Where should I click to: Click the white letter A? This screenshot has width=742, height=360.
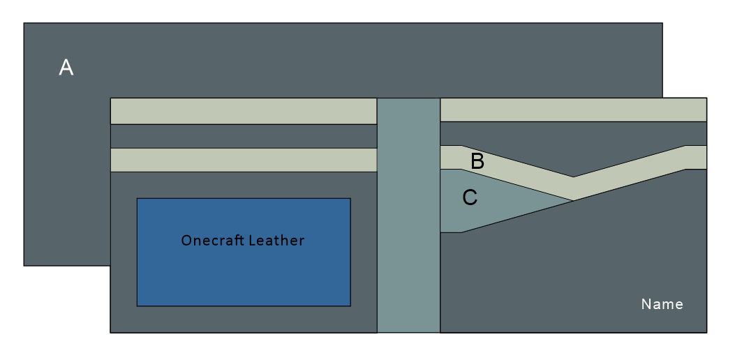click(x=66, y=68)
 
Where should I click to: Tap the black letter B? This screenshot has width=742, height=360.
click(x=477, y=161)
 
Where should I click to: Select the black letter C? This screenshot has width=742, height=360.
click(x=470, y=198)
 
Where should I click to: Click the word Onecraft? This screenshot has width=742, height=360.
click(x=210, y=241)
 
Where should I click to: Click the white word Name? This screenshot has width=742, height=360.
click(x=662, y=304)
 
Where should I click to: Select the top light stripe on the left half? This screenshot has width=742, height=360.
click(x=243, y=111)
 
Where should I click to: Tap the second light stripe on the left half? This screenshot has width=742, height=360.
click(x=243, y=160)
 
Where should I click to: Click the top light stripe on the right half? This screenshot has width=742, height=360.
click(x=572, y=110)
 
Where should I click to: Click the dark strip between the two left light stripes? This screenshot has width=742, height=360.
click(x=243, y=136)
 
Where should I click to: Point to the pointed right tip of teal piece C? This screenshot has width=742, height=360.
click(x=571, y=200)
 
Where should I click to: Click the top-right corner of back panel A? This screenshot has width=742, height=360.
click(x=662, y=24)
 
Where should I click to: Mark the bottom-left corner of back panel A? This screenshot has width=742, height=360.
click(x=24, y=265)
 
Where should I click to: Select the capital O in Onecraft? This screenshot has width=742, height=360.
click(x=186, y=241)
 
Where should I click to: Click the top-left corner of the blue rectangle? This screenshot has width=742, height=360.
click(x=138, y=199)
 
